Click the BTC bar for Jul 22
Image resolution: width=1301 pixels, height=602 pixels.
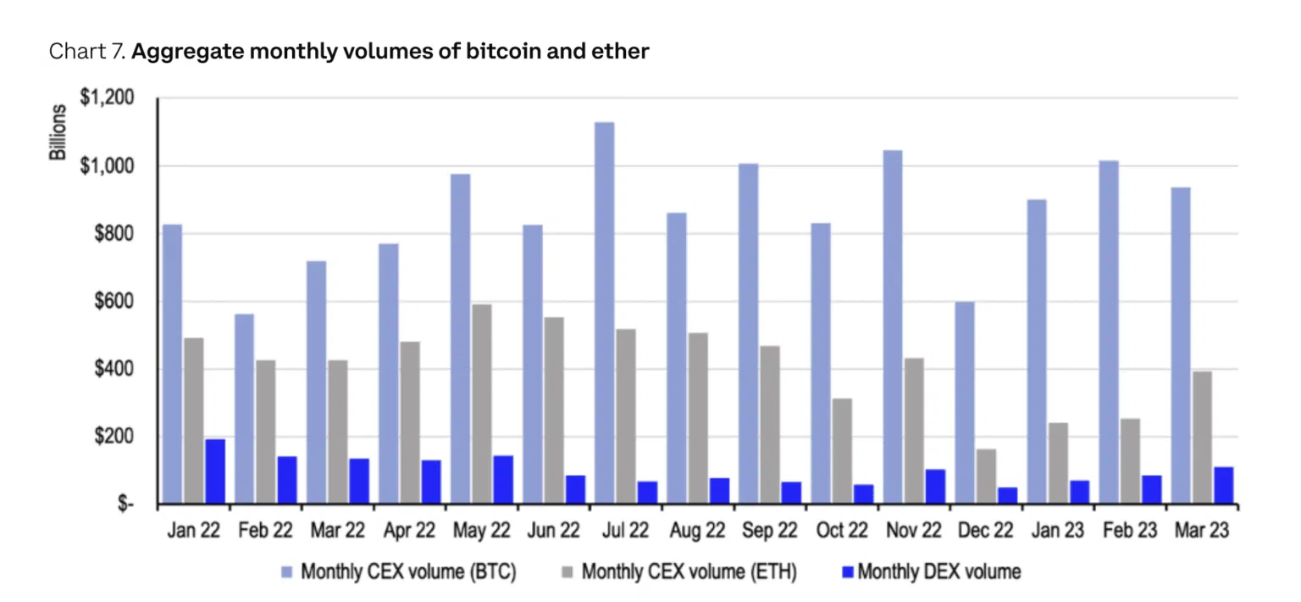604,314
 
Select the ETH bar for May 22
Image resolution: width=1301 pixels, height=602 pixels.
481,404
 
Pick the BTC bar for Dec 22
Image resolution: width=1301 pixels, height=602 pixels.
964,404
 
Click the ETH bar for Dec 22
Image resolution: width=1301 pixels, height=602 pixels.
986,477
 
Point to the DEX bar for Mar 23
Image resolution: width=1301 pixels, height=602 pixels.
1223,486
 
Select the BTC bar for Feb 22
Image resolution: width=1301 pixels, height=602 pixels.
244,410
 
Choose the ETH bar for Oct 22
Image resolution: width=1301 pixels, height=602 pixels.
842,452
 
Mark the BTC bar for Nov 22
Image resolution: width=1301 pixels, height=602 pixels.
892,327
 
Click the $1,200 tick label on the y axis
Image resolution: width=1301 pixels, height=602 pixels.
107,98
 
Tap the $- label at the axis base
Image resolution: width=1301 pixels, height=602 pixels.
124,504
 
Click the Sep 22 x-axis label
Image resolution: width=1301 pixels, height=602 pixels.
769,531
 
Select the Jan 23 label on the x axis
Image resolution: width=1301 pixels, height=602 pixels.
1058,531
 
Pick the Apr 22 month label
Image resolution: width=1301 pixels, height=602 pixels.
408,531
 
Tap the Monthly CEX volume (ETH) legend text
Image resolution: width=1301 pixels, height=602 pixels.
689,572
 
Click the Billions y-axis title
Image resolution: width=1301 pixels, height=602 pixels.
58,133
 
